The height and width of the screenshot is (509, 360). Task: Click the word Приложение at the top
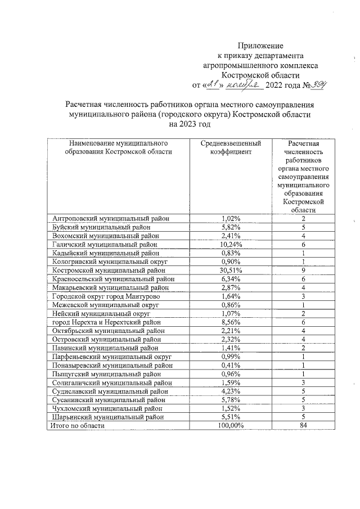[260, 46]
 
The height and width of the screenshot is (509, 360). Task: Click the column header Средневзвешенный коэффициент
[231, 148]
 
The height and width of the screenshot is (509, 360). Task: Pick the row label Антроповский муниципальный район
[111, 218]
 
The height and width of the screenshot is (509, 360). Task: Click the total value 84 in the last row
[303, 426]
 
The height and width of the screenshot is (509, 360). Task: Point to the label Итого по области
[77, 426]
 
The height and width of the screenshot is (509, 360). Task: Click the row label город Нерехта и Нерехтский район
[106, 322]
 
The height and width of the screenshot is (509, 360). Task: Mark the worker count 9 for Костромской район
[303, 270]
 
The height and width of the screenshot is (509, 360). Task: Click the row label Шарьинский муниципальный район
[108, 417]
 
